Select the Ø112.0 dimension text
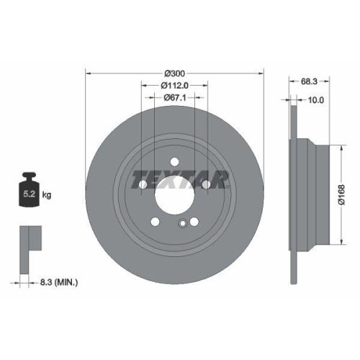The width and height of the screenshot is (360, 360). (x=175, y=86)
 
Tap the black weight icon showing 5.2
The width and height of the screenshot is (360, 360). (x=29, y=191)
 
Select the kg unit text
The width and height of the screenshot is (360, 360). (x=46, y=194)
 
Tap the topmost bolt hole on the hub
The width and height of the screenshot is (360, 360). (x=175, y=160)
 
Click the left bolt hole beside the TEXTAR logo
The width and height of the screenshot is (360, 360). (x=143, y=185)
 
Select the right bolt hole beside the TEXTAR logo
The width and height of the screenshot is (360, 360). (x=207, y=185)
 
